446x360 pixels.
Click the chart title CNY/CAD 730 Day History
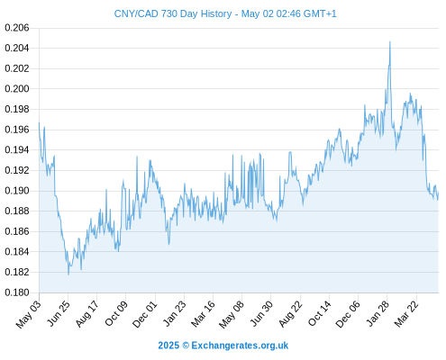(173, 13)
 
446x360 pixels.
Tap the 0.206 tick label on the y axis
(17, 28)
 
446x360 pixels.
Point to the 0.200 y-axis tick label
(17, 89)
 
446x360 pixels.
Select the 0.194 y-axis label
(17, 149)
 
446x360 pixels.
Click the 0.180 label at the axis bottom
(17, 292)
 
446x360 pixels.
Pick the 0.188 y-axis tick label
(17, 211)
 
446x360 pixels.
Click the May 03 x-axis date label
(28, 314)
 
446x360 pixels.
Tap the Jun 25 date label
(59, 313)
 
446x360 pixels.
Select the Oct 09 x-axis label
(116, 313)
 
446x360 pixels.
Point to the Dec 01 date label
(145, 314)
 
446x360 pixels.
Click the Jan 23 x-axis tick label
(175, 313)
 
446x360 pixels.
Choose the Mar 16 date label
(203, 314)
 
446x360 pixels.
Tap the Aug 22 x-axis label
(290, 314)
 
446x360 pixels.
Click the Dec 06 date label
(348, 314)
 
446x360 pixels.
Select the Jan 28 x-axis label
(378, 313)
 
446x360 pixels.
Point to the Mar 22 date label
(406, 314)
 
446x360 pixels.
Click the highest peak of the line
(390, 41)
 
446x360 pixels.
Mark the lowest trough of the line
(68, 274)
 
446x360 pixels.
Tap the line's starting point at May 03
(39, 122)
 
